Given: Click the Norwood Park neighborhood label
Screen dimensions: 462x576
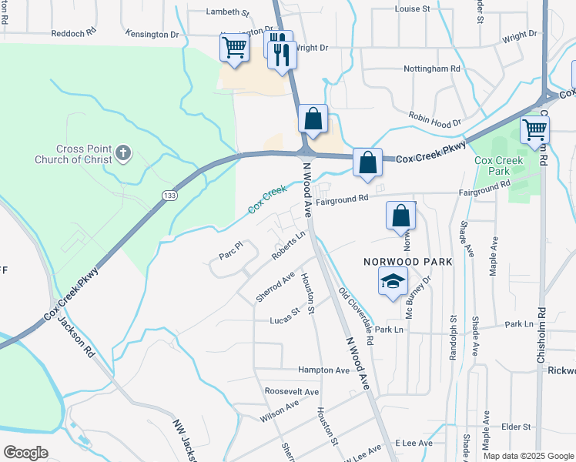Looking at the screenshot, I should pyautogui.click(x=407, y=262).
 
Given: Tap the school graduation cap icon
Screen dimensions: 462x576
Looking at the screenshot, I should pyautogui.click(x=393, y=282).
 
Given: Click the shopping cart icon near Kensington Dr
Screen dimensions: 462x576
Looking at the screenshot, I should pyautogui.click(x=235, y=47).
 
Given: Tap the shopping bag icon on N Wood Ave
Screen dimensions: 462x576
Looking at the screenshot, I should pyautogui.click(x=313, y=119).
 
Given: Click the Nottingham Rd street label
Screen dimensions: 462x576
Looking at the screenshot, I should pyautogui.click(x=432, y=69).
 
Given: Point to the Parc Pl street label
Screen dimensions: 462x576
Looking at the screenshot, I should pyautogui.click(x=230, y=251).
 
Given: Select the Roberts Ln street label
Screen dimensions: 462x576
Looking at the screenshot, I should pyautogui.click(x=289, y=246).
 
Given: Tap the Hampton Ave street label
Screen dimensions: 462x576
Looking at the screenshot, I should pyautogui.click(x=324, y=370).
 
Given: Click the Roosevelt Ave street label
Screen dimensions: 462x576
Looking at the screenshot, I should pyautogui.click(x=291, y=392).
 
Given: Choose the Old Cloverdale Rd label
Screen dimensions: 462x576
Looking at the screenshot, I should pyautogui.click(x=356, y=316).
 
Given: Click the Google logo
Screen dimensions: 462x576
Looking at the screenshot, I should pyautogui.click(x=25, y=453).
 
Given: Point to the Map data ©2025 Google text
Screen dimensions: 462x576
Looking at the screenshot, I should pyautogui.click(x=529, y=456).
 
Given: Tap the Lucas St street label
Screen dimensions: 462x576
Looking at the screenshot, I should pyautogui.click(x=284, y=317).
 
